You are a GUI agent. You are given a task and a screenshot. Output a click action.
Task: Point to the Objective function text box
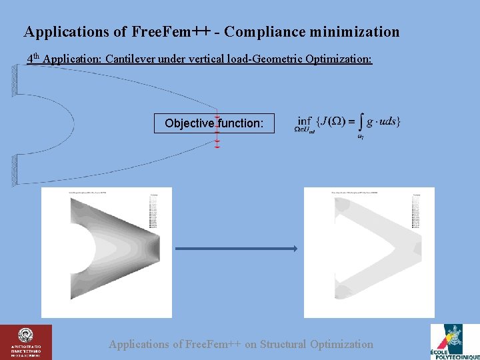coord(213,123)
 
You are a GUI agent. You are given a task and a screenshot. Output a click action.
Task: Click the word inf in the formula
coord(305,121)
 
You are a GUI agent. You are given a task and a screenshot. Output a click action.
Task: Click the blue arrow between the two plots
coord(236,249)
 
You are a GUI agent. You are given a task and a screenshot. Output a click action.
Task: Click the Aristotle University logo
coord(26,341)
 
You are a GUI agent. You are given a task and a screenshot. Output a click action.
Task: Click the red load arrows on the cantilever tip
coord(217,130)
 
